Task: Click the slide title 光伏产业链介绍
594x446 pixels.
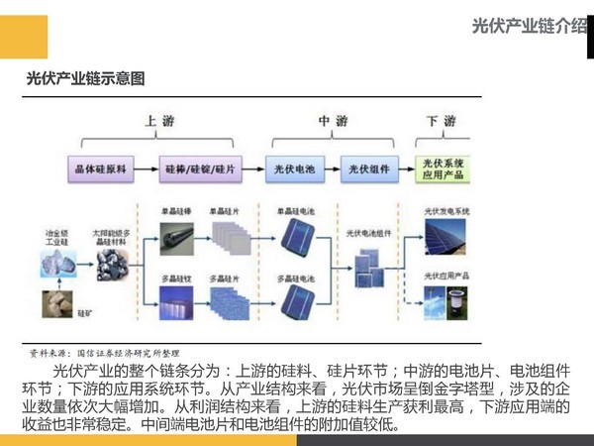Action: [530, 27]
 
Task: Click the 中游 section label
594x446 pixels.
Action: [333, 121]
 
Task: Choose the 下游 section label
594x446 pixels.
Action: [441, 121]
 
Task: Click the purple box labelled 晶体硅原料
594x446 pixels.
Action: [101, 169]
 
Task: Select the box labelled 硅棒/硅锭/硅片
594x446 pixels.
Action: [199, 169]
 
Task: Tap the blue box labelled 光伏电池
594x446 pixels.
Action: [295, 169]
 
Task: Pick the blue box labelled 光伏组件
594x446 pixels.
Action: [366, 169]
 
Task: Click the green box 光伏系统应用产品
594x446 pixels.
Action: [444, 168]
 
